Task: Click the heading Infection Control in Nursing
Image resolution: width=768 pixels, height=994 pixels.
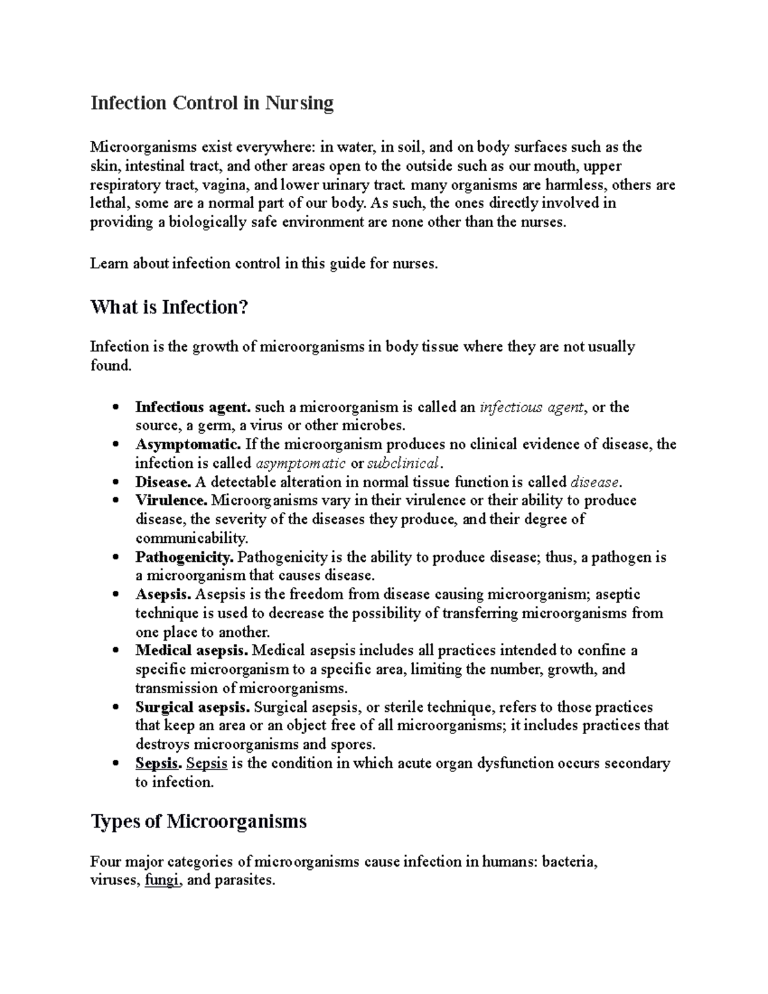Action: tap(212, 103)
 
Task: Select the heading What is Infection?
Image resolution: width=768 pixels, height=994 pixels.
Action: tap(168, 308)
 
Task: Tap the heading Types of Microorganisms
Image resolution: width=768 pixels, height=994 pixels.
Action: tap(198, 821)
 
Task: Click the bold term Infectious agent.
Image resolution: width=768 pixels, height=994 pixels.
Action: tap(193, 407)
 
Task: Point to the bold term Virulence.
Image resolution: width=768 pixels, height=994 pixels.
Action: tap(171, 500)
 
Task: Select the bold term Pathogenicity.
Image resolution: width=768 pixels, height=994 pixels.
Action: tap(184, 557)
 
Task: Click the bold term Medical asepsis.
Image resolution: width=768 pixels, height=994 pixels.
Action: tap(191, 650)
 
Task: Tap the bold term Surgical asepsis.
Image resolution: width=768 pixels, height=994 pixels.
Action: tap(192, 707)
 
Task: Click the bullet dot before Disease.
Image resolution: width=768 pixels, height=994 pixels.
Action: tap(115, 482)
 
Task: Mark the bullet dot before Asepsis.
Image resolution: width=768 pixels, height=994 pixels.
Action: tap(115, 595)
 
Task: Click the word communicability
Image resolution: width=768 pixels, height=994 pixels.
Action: tap(191, 538)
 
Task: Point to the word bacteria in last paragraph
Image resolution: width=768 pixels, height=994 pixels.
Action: tap(568, 862)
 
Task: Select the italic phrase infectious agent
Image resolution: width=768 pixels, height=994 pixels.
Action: tap(531, 407)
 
